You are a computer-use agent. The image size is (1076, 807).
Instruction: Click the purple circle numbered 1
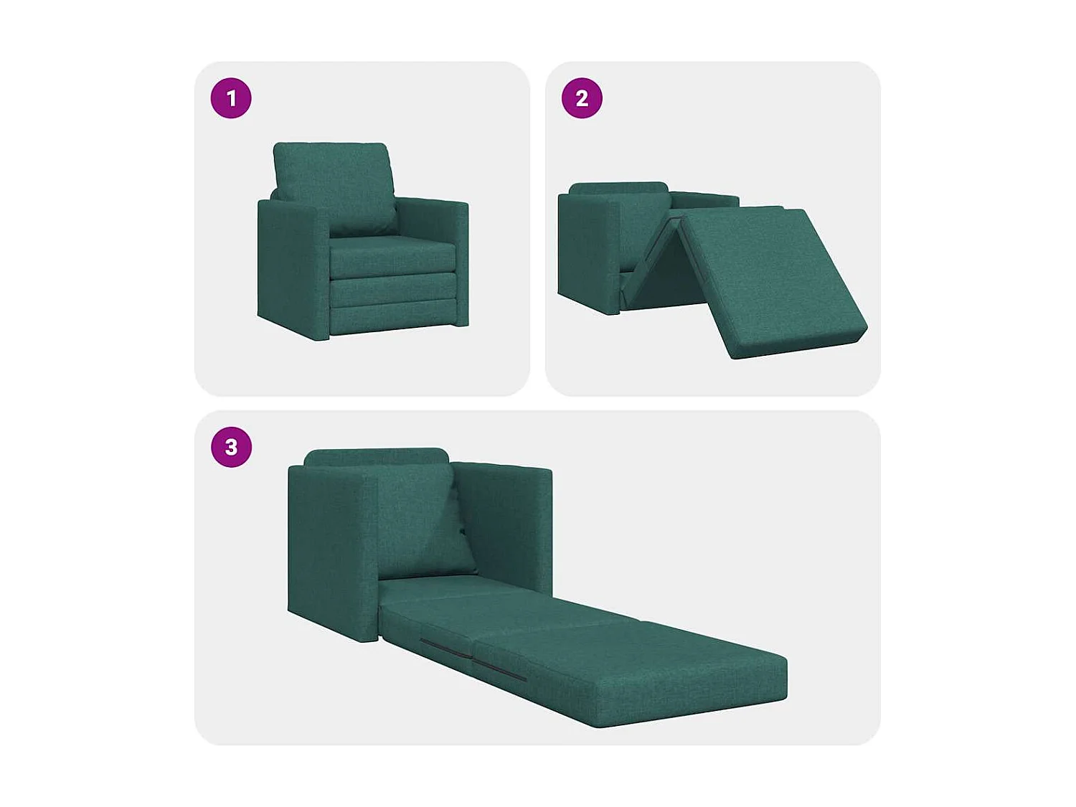coord(231,98)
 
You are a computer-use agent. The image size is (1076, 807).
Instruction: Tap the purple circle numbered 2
coord(582,98)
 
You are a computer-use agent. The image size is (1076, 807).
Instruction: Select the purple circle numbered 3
coord(231,447)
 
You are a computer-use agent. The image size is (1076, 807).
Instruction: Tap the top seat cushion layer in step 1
coord(393,255)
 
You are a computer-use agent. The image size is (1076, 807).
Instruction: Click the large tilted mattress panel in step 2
coord(771,280)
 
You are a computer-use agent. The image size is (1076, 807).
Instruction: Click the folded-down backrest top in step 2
coord(618,188)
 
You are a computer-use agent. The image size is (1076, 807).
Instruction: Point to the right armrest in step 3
coord(506,524)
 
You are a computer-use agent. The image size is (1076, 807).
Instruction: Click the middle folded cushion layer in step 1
coord(393,288)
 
